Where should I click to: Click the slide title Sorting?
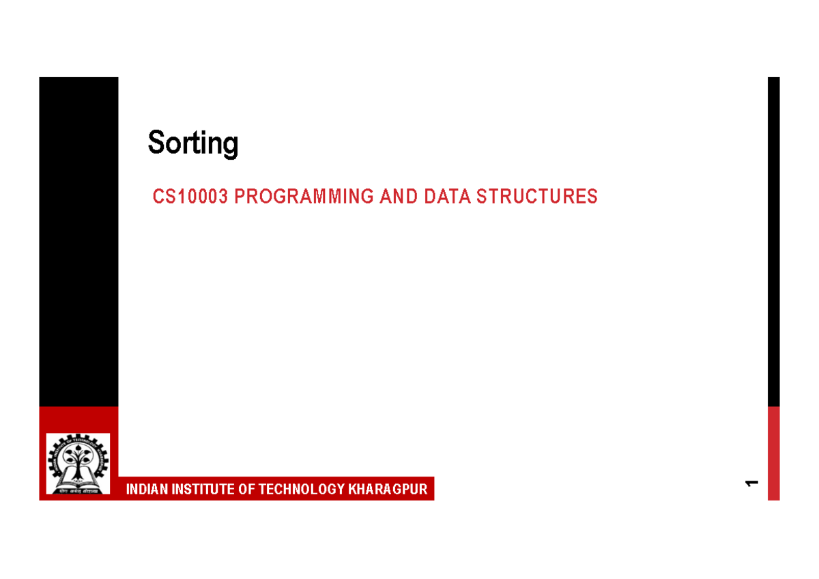click(x=193, y=143)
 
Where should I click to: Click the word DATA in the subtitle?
click(x=447, y=197)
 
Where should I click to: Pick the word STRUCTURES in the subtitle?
click(x=536, y=197)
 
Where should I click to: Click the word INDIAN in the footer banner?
click(x=146, y=490)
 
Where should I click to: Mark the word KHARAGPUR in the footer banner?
click(x=388, y=490)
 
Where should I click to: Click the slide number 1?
click(x=752, y=484)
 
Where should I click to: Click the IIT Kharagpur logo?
click(x=77, y=464)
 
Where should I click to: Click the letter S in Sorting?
click(x=156, y=143)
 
